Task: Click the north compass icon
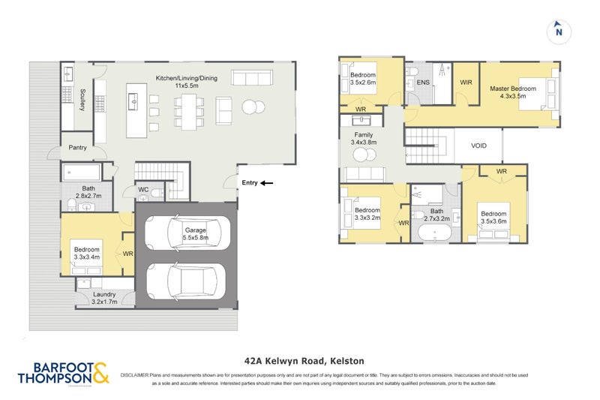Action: pyautogui.click(x=558, y=32)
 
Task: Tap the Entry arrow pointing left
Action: pyautogui.click(x=267, y=182)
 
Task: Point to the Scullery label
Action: pyautogui.click(x=82, y=100)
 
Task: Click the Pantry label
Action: pyautogui.click(x=77, y=148)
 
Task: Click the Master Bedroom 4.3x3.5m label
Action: pyautogui.click(x=513, y=92)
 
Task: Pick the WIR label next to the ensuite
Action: pyautogui.click(x=466, y=83)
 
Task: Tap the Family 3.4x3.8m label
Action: pyautogui.click(x=364, y=138)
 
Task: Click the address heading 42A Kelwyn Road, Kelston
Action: pyautogui.click(x=299, y=359)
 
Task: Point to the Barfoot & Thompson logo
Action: pyautogui.click(x=63, y=373)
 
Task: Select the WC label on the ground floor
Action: pyautogui.click(x=143, y=190)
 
